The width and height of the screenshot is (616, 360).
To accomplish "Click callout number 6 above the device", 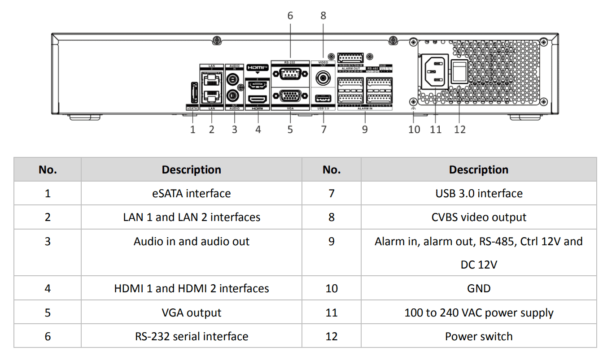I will click(x=290, y=16).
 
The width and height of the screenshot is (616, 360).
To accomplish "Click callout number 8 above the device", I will click(x=323, y=16).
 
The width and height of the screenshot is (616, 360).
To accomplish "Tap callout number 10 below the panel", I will click(x=414, y=130).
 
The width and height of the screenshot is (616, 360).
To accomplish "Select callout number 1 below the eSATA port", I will click(x=193, y=130).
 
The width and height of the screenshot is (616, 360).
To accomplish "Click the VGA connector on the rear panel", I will click(x=290, y=96).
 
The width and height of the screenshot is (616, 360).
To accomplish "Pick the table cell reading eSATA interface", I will click(x=192, y=193).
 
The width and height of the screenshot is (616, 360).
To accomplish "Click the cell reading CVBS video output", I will click(x=479, y=217).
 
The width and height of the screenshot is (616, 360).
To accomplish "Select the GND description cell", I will click(x=479, y=288).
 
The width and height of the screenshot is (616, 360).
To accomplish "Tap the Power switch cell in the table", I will click(x=479, y=336).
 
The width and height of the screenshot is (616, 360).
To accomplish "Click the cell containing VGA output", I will click(x=192, y=312).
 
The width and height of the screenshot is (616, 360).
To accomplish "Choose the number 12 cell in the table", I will click(x=332, y=336).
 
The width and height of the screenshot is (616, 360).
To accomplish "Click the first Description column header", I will click(x=192, y=169).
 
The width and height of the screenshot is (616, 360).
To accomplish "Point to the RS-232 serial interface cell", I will click(x=192, y=336).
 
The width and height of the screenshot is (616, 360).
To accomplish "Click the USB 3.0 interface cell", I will click(x=479, y=193).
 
